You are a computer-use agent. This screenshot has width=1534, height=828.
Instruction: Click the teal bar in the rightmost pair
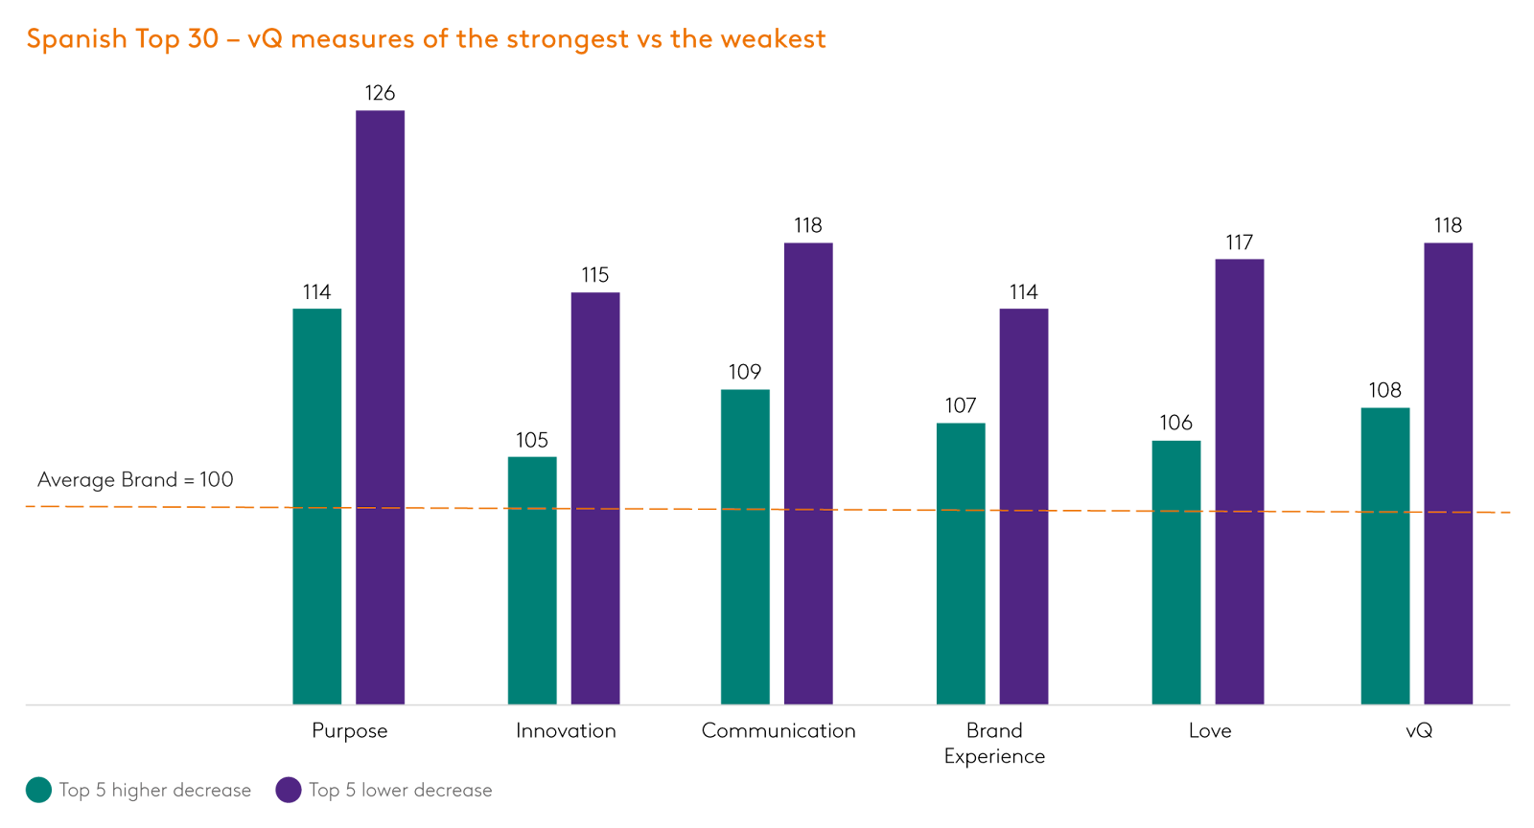coord(1385,556)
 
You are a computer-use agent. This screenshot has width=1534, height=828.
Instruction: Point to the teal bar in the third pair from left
coord(745,546)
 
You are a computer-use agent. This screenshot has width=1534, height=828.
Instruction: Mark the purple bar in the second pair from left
coord(595,498)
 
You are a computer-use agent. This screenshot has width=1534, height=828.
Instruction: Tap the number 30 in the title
coord(203,39)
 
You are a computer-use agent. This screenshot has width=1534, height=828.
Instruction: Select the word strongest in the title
coord(567,39)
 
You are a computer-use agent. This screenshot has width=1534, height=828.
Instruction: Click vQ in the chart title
coord(266,39)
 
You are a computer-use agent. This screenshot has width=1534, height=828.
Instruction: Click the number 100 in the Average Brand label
coord(217,479)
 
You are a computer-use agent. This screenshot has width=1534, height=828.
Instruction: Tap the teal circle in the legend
coord(38,790)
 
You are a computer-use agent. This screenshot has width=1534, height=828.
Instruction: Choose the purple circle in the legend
coord(289,790)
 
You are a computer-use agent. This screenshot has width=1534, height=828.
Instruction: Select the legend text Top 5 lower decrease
coord(400,791)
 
